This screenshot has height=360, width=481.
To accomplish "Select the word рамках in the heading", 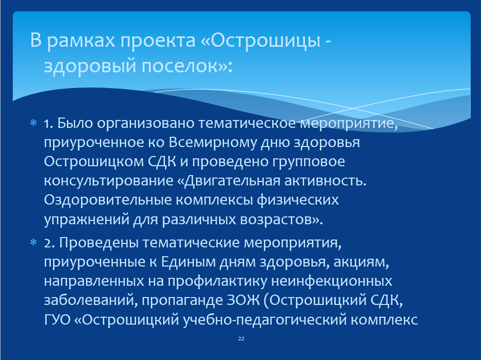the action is coord(81,41).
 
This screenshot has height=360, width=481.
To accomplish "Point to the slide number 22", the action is coord(241,338).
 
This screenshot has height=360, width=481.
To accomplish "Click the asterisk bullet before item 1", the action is coord(33,123).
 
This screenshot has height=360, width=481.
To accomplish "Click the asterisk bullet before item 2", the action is coord(33,242).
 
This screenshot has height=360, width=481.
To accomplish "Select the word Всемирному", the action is coord(213,143).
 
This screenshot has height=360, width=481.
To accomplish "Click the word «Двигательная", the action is coord(229,180).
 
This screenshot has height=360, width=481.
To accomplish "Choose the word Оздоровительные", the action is coord(108,200).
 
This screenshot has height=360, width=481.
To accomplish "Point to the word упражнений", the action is coord(86,219).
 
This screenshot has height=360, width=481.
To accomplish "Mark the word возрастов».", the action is coord(282,219).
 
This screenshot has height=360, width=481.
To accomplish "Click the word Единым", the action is coord(188,262).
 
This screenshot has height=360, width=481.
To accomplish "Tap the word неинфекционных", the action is coord(331,281).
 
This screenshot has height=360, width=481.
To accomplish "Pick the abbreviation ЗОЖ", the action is coord(243,300).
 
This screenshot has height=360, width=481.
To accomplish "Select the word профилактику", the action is coord(217,281).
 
